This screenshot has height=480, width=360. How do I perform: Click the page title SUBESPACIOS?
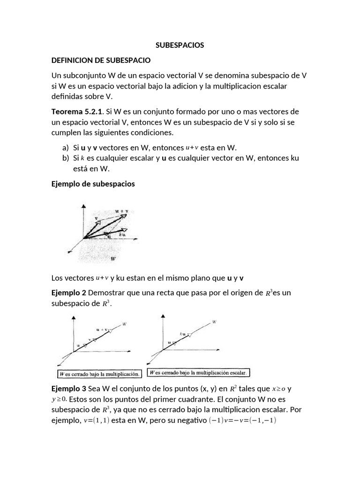click(180, 45)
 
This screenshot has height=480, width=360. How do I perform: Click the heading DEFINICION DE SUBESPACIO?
click(101, 60)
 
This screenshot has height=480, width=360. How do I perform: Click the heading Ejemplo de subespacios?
click(93, 184)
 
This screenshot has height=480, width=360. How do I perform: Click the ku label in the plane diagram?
click(123, 233)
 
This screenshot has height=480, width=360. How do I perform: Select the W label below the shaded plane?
click(113, 258)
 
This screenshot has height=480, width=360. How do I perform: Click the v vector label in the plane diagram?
click(96, 218)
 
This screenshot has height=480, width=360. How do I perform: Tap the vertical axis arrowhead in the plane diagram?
click(83, 206)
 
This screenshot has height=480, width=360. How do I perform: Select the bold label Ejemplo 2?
click(68, 292)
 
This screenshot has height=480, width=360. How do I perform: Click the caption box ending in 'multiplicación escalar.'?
click(199, 373)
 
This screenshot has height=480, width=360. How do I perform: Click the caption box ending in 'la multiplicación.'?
click(99, 374)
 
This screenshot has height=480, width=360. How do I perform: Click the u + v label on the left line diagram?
click(101, 330)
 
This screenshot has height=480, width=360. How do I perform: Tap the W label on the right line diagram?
click(214, 322)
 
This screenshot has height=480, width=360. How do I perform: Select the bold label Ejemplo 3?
click(68, 389)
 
